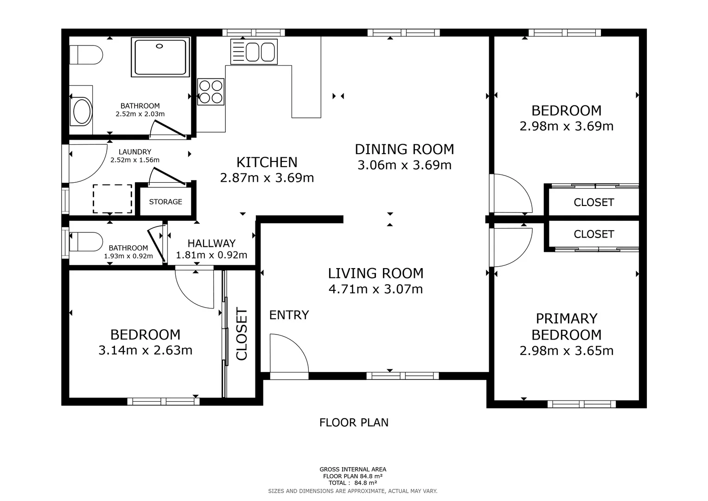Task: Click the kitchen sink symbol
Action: click(x=254, y=51)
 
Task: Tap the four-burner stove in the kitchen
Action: click(x=211, y=91)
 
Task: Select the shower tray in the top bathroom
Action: click(x=160, y=57)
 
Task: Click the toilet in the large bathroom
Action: click(x=86, y=55)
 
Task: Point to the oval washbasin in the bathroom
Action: click(x=82, y=112)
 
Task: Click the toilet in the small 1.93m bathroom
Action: click(x=86, y=242)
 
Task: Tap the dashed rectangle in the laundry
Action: click(x=112, y=199)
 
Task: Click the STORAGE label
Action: click(x=166, y=202)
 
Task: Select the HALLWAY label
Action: click(x=211, y=243)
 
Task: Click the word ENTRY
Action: click(x=289, y=315)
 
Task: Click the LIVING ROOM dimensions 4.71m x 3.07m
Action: click(x=376, y=289)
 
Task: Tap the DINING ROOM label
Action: click(x=404, y=149)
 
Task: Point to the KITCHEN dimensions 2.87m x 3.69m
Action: click(x=267, y=178)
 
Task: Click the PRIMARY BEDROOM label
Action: click(x=566, y=327)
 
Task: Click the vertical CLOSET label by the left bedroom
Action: click(x=242, y=334)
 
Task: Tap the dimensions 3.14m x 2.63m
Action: click(x=145, y=350)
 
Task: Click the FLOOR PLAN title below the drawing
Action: click(x=354, y=423)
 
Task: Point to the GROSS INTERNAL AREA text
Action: click(x=353, y=469)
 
